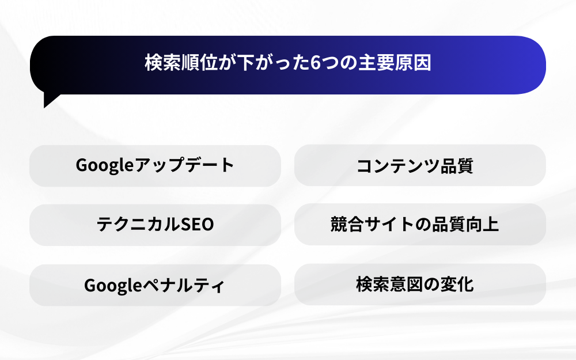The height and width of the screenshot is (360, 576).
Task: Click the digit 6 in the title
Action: click(x=316, y=63)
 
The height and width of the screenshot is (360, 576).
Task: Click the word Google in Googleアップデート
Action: click(x=104, y=165)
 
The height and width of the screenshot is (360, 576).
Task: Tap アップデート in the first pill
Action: click(x=184, y=165)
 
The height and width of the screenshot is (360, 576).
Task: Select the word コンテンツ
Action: click(x=398, y=166)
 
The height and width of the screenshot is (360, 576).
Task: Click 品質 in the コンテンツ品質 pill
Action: click(x=456, y=166)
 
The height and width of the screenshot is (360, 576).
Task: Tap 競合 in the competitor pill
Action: click(x=347, y=224)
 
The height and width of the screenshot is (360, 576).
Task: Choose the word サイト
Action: click(x=389, y=224)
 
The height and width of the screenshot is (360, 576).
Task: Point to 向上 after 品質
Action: click(x=482, y=224)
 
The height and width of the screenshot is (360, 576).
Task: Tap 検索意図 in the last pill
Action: click(x=389, y=284)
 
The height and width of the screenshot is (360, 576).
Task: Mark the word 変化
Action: click(x=457, y=284)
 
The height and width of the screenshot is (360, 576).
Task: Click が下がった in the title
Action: click(x=264, y=63)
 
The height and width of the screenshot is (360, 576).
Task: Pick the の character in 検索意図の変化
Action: click(x=431, y=285)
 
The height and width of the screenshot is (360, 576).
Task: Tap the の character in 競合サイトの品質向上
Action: click(x=422, y=225)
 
